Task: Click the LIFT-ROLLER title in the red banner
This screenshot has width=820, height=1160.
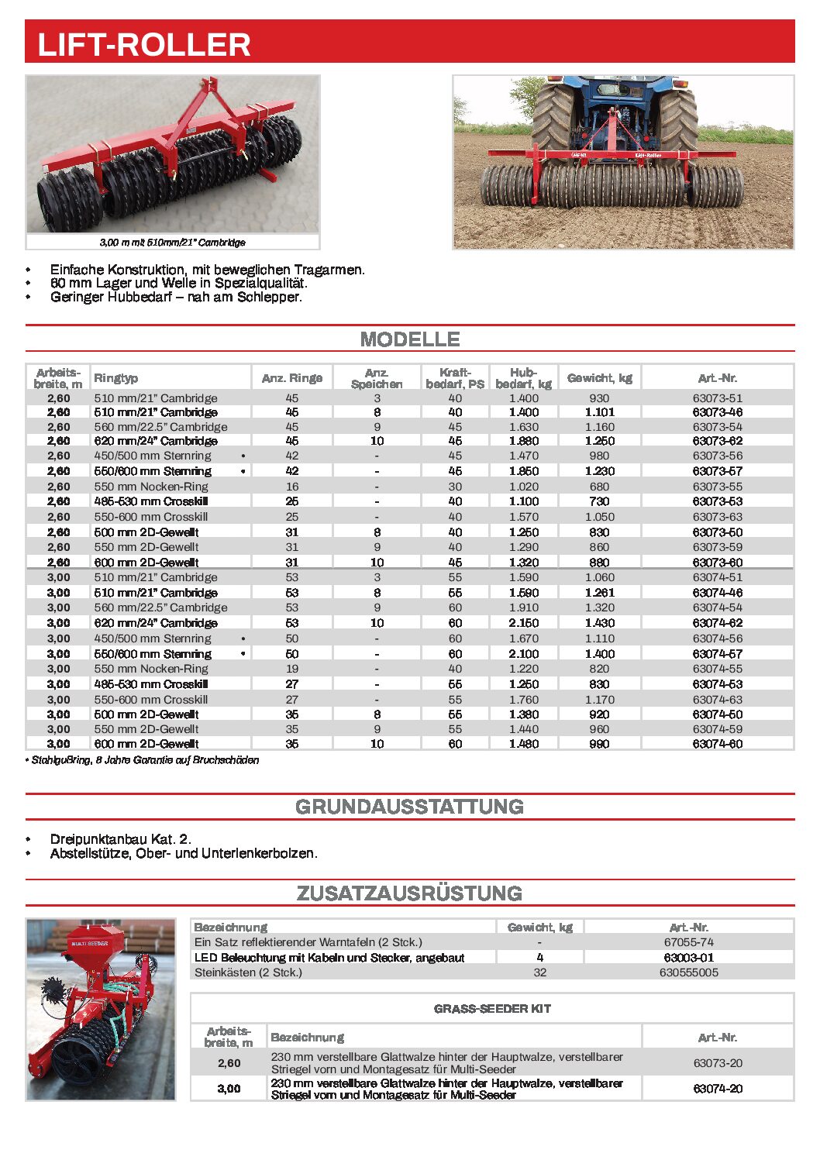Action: pos(144,44)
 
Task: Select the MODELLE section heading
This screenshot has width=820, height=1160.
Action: pos(410,339)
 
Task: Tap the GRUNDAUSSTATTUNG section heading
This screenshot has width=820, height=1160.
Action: pos(410,807)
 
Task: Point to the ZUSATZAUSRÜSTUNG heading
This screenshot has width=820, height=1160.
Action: pos(410,893)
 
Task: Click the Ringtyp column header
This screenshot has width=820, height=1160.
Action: pos(116,378)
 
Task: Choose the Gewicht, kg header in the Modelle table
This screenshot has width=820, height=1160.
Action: pos(599,378)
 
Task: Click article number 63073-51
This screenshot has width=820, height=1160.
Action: pos(717,398)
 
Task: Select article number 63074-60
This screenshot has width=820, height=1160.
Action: pos(717,744)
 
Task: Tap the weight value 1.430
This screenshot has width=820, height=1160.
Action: pos(599,623)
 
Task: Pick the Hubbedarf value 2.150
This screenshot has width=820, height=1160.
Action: pos(524,623)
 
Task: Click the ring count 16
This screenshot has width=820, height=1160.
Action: pos(292,487)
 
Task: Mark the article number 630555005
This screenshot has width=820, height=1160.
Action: pos(688,972)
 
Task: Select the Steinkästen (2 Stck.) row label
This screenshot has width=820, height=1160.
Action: pos(248,972)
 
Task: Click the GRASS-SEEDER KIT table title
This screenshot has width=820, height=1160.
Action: pos(492,1009)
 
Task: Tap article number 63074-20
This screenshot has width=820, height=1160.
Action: pos(717,1089)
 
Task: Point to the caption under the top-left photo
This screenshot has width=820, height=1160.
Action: pos(172,243)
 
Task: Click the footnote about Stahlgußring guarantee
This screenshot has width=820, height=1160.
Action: pos(145,760)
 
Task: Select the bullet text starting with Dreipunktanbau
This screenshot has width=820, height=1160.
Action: pos(120,839)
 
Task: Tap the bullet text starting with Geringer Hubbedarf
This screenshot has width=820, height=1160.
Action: pos(176,297)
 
